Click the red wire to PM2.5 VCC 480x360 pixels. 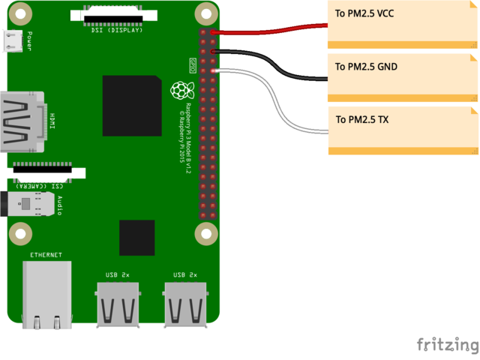(x=270, y=29)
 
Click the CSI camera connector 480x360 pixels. (x=45, y=172)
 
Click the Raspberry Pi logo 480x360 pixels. (x=179, y=91)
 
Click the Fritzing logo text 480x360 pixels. (x=448, y=344)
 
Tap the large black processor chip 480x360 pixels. (x=132, y=105)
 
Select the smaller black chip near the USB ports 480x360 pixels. (x=136, y=238)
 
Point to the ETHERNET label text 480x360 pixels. (x=46, y=256)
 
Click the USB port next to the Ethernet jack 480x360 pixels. (x=117, y=304)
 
